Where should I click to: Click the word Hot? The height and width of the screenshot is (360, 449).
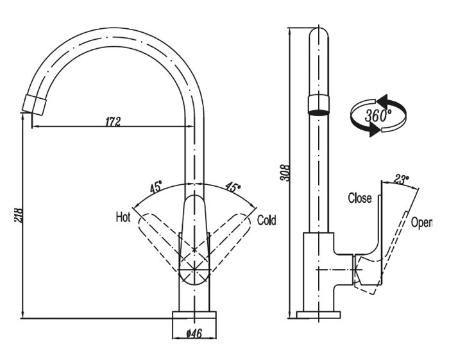123,216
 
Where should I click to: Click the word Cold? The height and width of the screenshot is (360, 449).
266,220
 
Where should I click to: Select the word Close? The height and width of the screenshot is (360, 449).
359,198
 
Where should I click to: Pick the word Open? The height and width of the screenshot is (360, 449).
421,223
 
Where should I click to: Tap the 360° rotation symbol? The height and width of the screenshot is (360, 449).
378,116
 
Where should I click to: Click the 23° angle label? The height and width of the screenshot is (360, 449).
402,179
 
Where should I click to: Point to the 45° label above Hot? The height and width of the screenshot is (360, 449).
155,187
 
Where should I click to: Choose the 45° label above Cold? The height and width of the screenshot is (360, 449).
232,187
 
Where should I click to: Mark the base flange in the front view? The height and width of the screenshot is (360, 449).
195,314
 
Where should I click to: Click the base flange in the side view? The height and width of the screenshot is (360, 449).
319,314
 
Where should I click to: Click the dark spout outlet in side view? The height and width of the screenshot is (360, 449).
319,105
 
